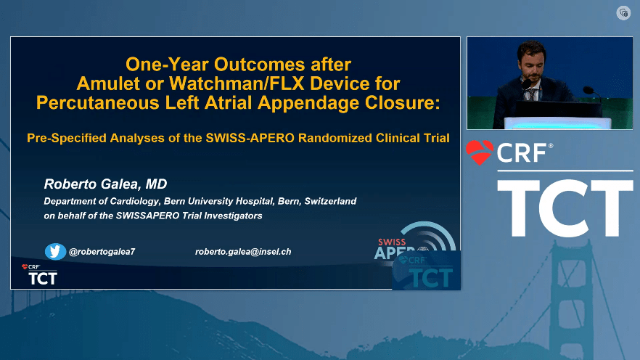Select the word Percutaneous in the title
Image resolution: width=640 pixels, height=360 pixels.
97,102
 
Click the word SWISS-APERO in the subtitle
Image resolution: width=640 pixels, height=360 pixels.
250,138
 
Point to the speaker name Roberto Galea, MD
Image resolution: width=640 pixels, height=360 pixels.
105,184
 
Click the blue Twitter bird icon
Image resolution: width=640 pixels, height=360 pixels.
55,251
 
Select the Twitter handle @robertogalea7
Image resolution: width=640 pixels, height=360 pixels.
102,252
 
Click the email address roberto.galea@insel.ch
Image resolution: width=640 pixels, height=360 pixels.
243,252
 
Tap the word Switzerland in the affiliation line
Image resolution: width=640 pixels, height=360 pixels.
331,201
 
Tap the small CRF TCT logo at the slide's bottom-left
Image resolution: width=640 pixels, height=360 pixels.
39,274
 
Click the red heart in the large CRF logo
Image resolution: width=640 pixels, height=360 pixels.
480,152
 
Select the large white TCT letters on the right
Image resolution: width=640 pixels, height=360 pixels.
565,208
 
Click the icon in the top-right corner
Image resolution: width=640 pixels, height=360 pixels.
623,13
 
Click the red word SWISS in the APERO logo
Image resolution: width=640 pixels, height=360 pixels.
392,242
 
